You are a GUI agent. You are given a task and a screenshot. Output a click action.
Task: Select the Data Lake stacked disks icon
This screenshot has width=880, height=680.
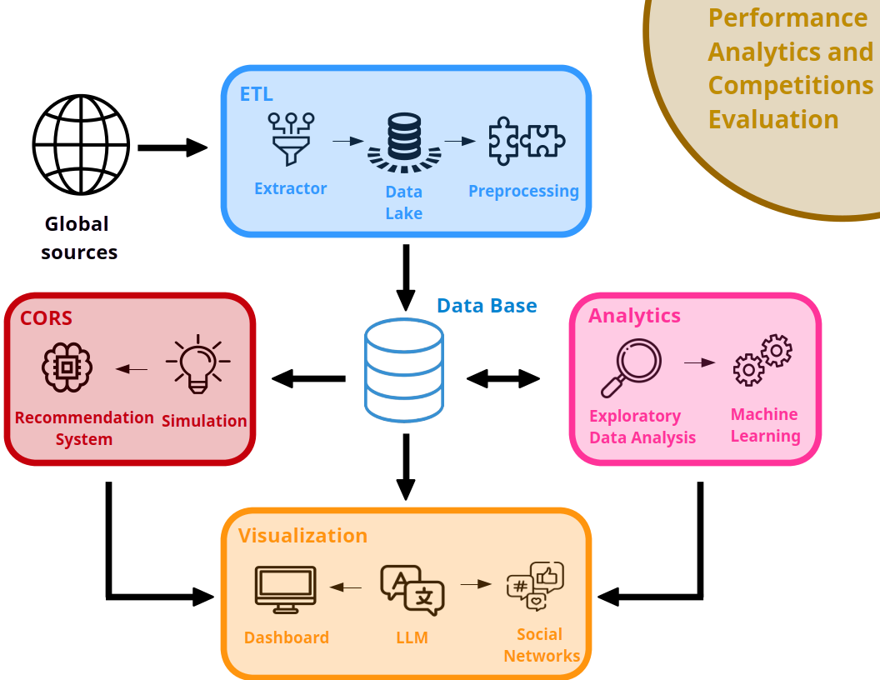click(x=404, y=141)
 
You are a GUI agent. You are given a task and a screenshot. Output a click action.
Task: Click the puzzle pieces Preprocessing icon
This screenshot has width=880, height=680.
click(x=526, y=139)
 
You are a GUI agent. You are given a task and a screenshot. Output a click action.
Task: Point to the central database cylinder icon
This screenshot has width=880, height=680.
click(x=404, y=370)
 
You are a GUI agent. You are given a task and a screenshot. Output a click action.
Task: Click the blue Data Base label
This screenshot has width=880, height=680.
click(x=487, y=306)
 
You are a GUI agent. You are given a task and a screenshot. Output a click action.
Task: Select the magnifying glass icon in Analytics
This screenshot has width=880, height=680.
click(x=631, y=367)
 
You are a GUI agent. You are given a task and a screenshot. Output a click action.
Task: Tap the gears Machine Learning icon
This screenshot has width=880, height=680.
click(x=762, y=360)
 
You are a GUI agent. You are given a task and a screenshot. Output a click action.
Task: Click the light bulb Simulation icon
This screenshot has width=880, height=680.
click(x=197, y=364)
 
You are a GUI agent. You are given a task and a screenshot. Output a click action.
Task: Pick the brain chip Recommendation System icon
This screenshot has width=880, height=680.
click(x=67, y=367)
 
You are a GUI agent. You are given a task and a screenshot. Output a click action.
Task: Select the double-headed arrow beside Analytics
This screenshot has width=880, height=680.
click(x=503, y=379)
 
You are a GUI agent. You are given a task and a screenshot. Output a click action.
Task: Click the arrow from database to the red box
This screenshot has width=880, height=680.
click(x=308, y=379)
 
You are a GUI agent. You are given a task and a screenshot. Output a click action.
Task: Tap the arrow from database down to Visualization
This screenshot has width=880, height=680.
click(x=405, y=467)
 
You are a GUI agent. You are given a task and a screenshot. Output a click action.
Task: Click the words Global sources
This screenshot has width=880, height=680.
click(x=78, y=238)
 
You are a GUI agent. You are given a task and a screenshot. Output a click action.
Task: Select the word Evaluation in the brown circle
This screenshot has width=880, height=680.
click(x=773, y=120)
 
